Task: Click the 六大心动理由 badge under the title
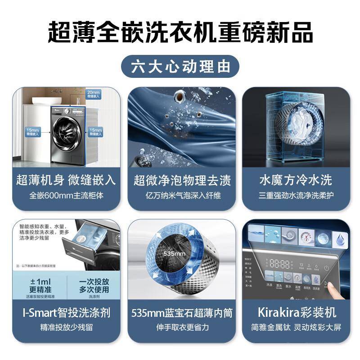pos(180,67)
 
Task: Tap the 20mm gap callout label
pos(93,94)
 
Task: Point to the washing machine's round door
pos(67,134)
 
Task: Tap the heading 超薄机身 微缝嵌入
pos(66,180)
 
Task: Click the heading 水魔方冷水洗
pos(296,180)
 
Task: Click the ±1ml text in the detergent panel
pos(39,281)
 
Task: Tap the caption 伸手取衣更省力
pos(182,327)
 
